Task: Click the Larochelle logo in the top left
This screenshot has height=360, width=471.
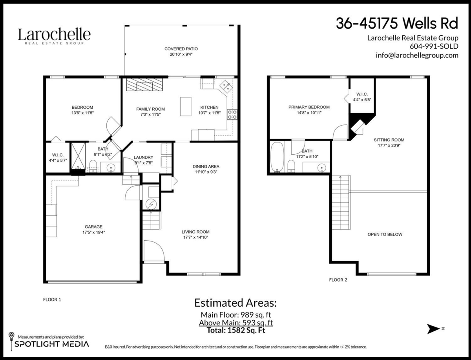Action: coord(54,36)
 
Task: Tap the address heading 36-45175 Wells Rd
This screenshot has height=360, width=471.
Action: coord(397,24)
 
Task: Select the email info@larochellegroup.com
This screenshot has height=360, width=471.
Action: coord(417,55)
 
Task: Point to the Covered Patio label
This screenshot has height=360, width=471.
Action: coord(181,49)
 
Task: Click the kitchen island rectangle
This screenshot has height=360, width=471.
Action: coord(186,106)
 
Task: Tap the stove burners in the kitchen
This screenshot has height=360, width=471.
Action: coord(232,114)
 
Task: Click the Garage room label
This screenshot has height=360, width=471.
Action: coord(93,227)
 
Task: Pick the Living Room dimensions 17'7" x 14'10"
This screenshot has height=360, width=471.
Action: coord(195,237)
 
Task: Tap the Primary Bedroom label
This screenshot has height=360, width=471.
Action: coord(309,107)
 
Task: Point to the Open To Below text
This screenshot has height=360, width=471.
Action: coord(385,234)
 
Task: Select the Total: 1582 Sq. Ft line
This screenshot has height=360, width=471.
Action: coord(236,330)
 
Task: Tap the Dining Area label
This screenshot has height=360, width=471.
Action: coord(206,166)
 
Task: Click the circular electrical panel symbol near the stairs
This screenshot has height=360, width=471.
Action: coord(151,204)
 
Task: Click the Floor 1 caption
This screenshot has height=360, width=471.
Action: coord(52,299)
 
